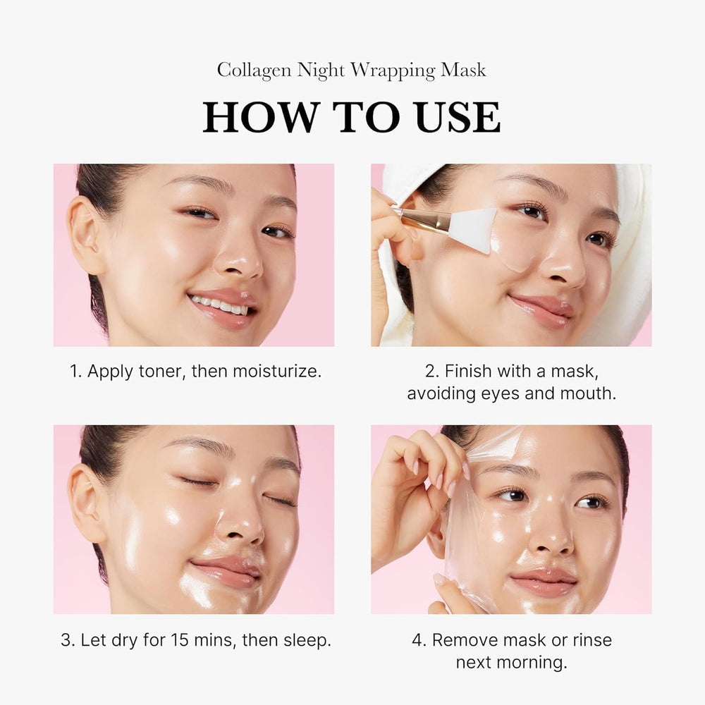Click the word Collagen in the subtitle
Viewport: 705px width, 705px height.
point(255,71)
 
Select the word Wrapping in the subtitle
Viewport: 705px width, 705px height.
point(396,71)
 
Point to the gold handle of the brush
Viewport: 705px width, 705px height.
point(423,219)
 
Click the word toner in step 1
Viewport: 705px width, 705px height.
point(159,371)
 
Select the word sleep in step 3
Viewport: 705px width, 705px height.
point(305,640)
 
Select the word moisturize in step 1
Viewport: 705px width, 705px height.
point(276,371)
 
